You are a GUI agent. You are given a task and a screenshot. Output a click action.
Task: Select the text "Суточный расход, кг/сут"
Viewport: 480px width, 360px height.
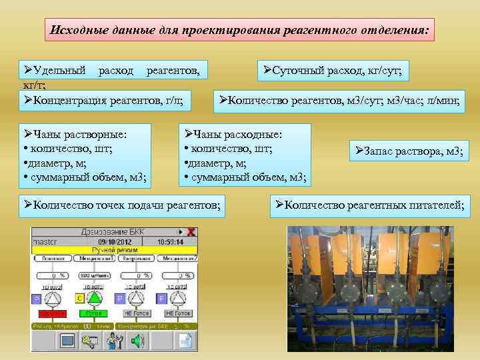tap(336, 69)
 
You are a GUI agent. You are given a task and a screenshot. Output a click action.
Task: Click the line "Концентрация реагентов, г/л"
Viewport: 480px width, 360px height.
tap(103, 101)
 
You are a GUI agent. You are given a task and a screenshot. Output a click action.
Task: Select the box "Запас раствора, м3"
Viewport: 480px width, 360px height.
tap(409, 152)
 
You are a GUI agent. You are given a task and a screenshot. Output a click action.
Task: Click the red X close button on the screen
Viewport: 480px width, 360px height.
tap(191, 232)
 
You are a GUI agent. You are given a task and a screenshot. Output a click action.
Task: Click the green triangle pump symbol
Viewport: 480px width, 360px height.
tap(95, 298)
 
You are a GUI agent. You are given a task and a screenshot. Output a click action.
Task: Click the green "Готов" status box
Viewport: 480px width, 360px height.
tap(93, 313)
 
